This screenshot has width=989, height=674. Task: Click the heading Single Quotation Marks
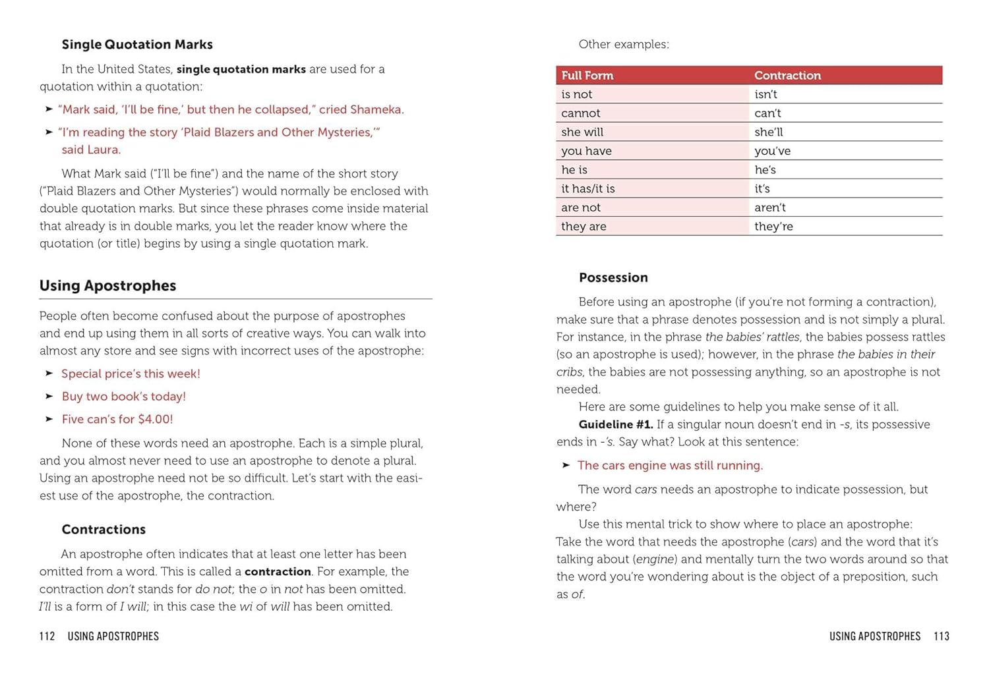pos(137,45)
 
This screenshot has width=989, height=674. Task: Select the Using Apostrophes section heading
pos(107,286)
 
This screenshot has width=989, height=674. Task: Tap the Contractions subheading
pos(104,530)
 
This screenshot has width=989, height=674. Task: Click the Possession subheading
pos(613,278)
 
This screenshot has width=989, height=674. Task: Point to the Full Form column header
pos(587,76)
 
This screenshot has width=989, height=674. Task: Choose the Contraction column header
pos(787,76)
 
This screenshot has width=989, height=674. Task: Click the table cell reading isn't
pos(765,94)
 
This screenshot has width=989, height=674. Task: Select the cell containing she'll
pos(769,132)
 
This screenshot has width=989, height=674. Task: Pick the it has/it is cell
pos(588,189)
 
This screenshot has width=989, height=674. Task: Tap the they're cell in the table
pos(773,227)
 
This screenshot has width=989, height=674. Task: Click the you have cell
pos(586,152)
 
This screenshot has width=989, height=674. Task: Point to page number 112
pos(47,636)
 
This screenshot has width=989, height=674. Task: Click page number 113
pos(942,636)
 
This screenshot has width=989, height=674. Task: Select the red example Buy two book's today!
pos(124,397)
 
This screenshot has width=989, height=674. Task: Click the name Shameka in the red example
pos(376,110)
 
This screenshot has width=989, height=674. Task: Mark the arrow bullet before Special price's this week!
pos(49,374)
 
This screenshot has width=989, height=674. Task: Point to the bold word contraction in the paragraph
pos(278,572)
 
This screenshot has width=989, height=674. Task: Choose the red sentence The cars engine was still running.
pos(670,466)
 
